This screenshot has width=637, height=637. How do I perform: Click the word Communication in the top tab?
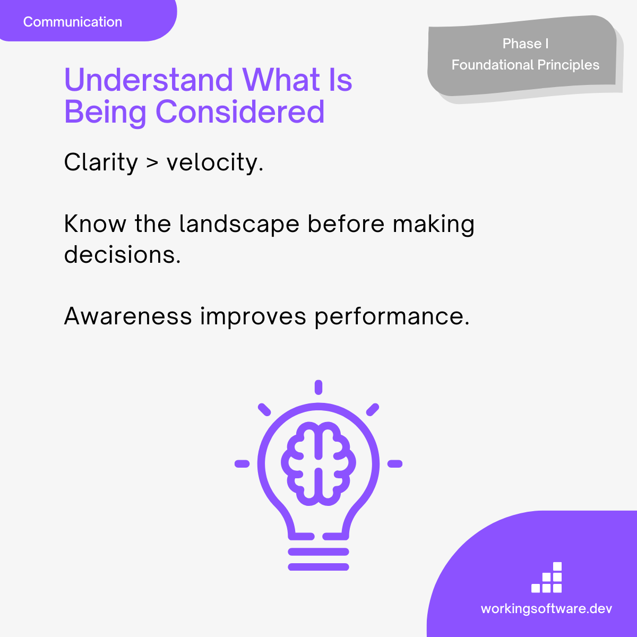click(x=72, y=22)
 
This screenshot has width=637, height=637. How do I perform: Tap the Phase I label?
click(x=526, y=44)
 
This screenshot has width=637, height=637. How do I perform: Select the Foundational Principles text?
click(x=526, y=65)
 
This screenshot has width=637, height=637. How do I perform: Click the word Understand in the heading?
click(x=149, y=80)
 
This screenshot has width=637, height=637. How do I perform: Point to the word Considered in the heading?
click(x=240, y=111)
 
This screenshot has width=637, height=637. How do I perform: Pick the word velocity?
click(x=215, y=162)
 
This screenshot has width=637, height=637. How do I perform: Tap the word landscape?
click(x=239, y=225)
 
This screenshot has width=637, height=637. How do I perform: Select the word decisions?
click(x=122, y=255)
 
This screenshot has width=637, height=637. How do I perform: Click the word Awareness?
click(x=128, y=316)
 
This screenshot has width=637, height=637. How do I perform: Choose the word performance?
click(x=392, y=317)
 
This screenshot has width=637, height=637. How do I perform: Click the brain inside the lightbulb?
click(x=318, y=463)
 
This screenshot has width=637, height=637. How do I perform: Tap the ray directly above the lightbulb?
click(x=318, y=387)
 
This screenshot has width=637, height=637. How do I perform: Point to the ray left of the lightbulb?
click(x=242, y=464)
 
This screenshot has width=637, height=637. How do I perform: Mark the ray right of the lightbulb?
click(x=395, y=464)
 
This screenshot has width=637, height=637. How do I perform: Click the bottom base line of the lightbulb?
click(x=318, y=567)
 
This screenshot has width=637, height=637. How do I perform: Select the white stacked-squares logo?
click(x=546, y=577)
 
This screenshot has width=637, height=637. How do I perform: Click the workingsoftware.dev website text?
click(x=546, y=608)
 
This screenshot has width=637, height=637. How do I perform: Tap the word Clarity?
click(x=101, y=162)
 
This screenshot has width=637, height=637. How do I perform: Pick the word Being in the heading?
click(x=105, y=113)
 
